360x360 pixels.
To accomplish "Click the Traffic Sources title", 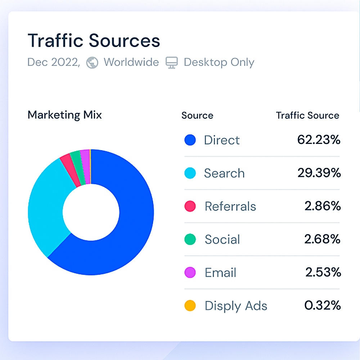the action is coord(94,41).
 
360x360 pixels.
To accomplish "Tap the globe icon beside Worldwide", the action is coord(92,63).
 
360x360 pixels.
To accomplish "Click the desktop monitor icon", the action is coord(171,62).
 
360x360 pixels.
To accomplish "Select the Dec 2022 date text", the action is coord(54,62).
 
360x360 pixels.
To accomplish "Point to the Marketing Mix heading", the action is coord(64,115).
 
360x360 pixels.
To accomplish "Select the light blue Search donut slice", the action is coord(47,207).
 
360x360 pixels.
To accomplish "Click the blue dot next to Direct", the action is coord(190,140).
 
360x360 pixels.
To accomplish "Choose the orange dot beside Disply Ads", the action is coord(190,306).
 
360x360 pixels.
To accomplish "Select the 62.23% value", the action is coord(319,140).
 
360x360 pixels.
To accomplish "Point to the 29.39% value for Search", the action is coord(319,173).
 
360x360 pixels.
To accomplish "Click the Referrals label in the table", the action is coord(230,206).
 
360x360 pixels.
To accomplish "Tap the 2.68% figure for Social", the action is coord(322,239).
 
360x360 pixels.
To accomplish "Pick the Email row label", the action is coord(220,273).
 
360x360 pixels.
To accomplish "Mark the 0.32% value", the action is coord(323,305).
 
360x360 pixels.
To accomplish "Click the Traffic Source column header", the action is coord(308,115).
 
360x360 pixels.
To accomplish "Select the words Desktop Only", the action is coord(219,62).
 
